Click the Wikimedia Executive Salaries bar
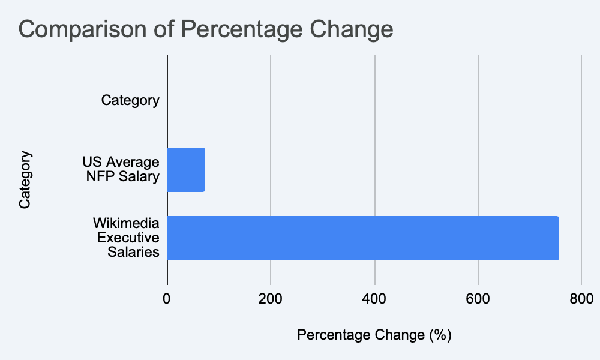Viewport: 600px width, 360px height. pyautogui.click(x=362, y=238)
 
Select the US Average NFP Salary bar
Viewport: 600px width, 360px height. pyautogui.click(x=186, y=170)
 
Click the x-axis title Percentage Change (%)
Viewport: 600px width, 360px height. pyautogui.click(x=374, y=334)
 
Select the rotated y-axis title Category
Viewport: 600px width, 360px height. pyautogui.click(x=25, y=180)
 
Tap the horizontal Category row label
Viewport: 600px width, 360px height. pyautogui.click(x=130, y=100)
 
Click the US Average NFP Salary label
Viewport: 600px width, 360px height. pyautogui.click(x=121, y=170)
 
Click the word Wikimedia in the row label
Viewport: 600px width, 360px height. pyautogui.click(x=127, y=224)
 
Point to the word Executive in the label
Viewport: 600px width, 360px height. pyautogui.click(x=128, y=238)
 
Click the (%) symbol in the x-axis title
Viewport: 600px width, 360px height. pyautogui.click(x=440, y=334)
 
